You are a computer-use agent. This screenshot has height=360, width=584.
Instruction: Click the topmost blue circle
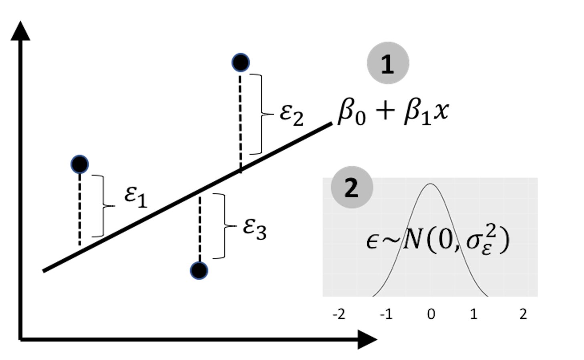click(241, 63)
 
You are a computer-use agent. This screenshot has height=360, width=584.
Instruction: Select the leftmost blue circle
click(80, 164)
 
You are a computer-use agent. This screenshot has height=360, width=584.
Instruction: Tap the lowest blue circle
click(199, 271)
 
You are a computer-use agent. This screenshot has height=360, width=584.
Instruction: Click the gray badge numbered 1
click(388, 63)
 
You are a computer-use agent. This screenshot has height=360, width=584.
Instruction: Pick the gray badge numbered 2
click(352, 187)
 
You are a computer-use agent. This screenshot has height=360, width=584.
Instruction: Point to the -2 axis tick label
click(339, 314)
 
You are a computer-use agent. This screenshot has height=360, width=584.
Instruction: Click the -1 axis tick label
click(386, 314)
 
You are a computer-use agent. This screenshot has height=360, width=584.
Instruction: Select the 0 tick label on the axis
click(431, 314)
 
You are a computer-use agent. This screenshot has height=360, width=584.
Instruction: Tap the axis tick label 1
click(474, 314)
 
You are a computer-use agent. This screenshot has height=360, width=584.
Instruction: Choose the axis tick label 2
click(523, 314)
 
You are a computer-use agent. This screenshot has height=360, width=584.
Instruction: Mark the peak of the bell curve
click(431, 184)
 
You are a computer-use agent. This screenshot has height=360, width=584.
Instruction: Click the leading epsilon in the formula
click(372, 241)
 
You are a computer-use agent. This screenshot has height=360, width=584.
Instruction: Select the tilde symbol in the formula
click(391, 240)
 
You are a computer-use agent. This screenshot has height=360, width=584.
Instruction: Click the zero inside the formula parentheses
click(445, 240)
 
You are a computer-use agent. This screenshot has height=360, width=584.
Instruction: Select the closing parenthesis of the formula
click(505, 241)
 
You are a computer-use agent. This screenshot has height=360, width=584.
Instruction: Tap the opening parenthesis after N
click(431, 241)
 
